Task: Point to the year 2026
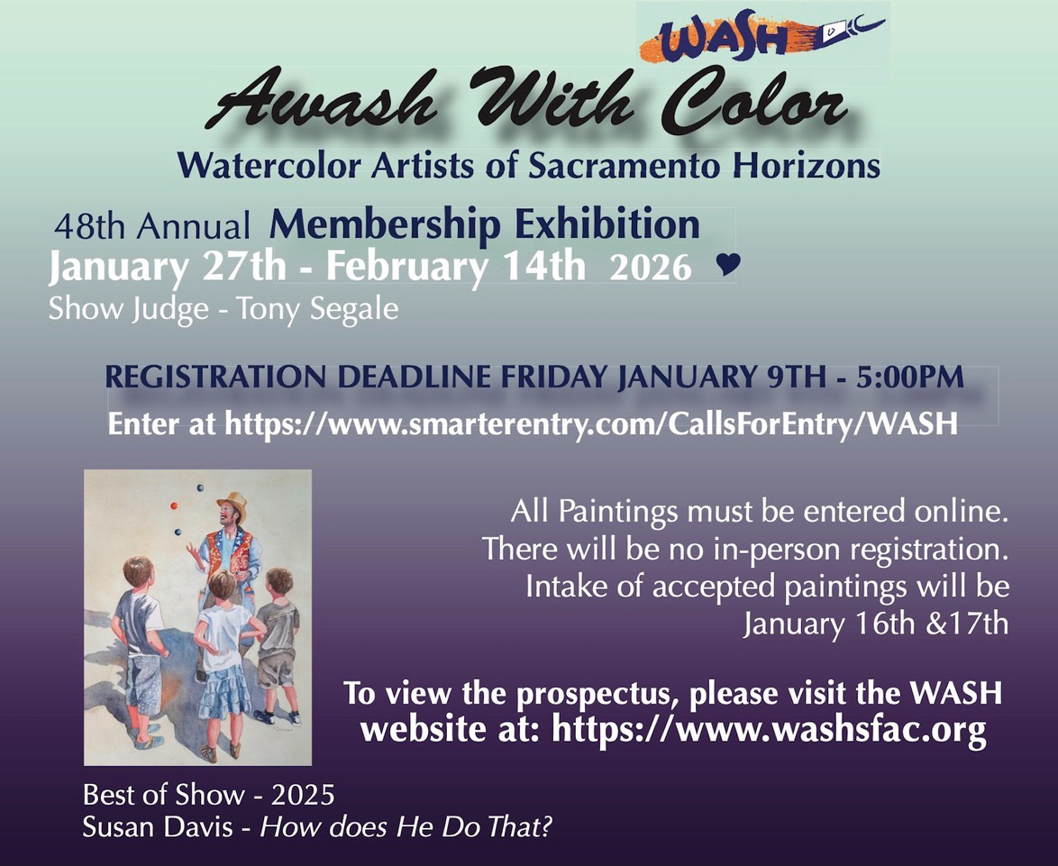click(x=651, y=269)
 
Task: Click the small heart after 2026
click(x=727, y=264)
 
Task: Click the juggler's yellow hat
click(x=232, y=501)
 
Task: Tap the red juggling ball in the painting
click(x=174, y=507)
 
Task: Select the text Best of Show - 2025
click(x=208, y=795)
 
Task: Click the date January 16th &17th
click(x=875, y=624)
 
